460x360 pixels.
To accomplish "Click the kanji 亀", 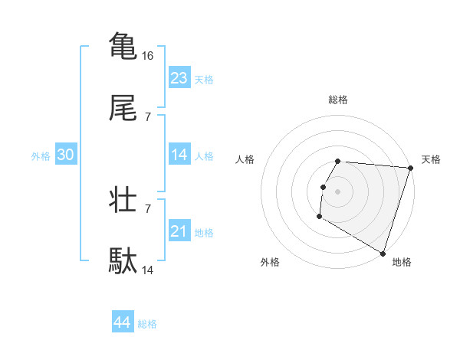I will (x=123, y=45).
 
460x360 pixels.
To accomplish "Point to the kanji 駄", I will (x=123, y=261).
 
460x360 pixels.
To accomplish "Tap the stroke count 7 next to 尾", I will (x=148, y=116).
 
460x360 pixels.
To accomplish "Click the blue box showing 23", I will (x=179, y=78).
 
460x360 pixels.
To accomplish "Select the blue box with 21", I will (x=179, y=231).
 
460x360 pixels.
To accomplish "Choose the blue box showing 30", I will (x=66, y=155).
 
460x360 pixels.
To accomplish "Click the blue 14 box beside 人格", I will (x=179, y=155).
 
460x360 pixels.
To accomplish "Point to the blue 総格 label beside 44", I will (x=147, y=324).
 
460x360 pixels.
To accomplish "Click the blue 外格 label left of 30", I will (x=41, y=156).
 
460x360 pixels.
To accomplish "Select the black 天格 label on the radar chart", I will (x=432, y=159).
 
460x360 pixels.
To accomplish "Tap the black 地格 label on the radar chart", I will (x=402, y=262).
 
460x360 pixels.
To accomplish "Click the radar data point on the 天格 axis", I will (x=410, y=168).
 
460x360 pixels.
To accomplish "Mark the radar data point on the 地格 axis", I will (x=383, y=252).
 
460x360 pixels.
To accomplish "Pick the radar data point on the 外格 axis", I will (x=319, y=217).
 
